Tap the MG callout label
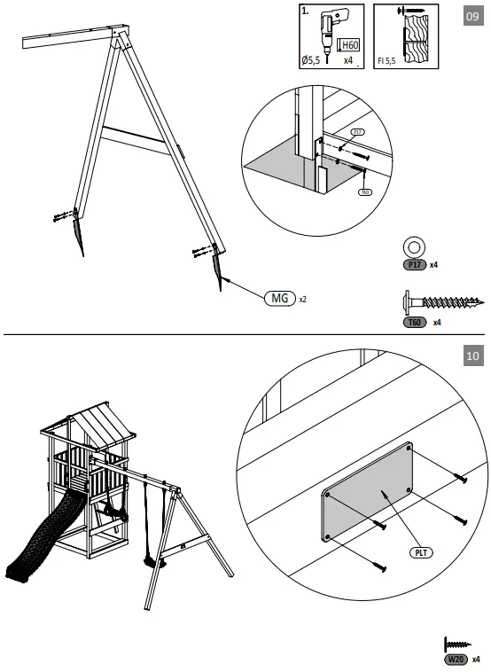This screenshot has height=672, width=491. (x=279, y=298)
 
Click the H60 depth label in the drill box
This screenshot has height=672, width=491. (x=350, y=46)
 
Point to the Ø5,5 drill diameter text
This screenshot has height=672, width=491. (x=311, y=61)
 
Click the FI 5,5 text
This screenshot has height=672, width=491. (x=386, y=62)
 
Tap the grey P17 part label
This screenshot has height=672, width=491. (x=414, y=264)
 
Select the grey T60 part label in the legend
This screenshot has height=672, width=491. (x=413, y=323)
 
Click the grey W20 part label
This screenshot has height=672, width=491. (x=456, y=659)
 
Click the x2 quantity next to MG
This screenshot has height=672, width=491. (x=303, y=299)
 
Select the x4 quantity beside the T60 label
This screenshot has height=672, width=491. (x=437, y=323)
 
